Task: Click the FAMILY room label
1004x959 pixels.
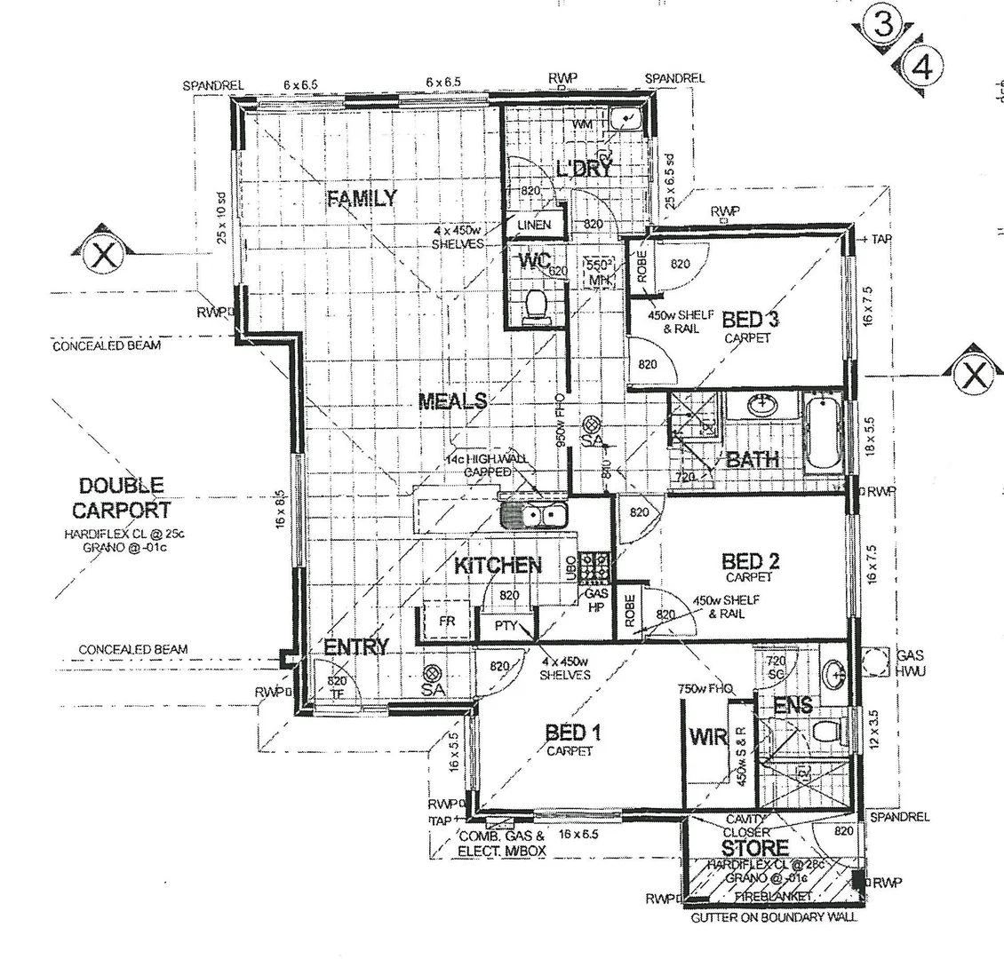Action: (362, 198)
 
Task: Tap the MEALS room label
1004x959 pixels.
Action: (453, 400)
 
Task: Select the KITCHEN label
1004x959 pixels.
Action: (498, 566)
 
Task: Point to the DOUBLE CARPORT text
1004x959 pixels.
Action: (121, 498)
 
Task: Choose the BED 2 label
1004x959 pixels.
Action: (751, 561)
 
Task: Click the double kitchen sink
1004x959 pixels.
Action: (534, 515)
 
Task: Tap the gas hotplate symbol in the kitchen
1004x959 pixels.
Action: (594, 566)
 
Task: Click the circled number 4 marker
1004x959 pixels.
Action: (918, 67)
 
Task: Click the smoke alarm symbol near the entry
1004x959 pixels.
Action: (434, 676)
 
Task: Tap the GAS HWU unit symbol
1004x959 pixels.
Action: (875, 662)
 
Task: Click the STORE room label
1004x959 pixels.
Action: (754, 848)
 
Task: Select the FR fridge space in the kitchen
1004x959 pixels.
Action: (447, 622)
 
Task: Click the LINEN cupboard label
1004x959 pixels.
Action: (534, 226)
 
